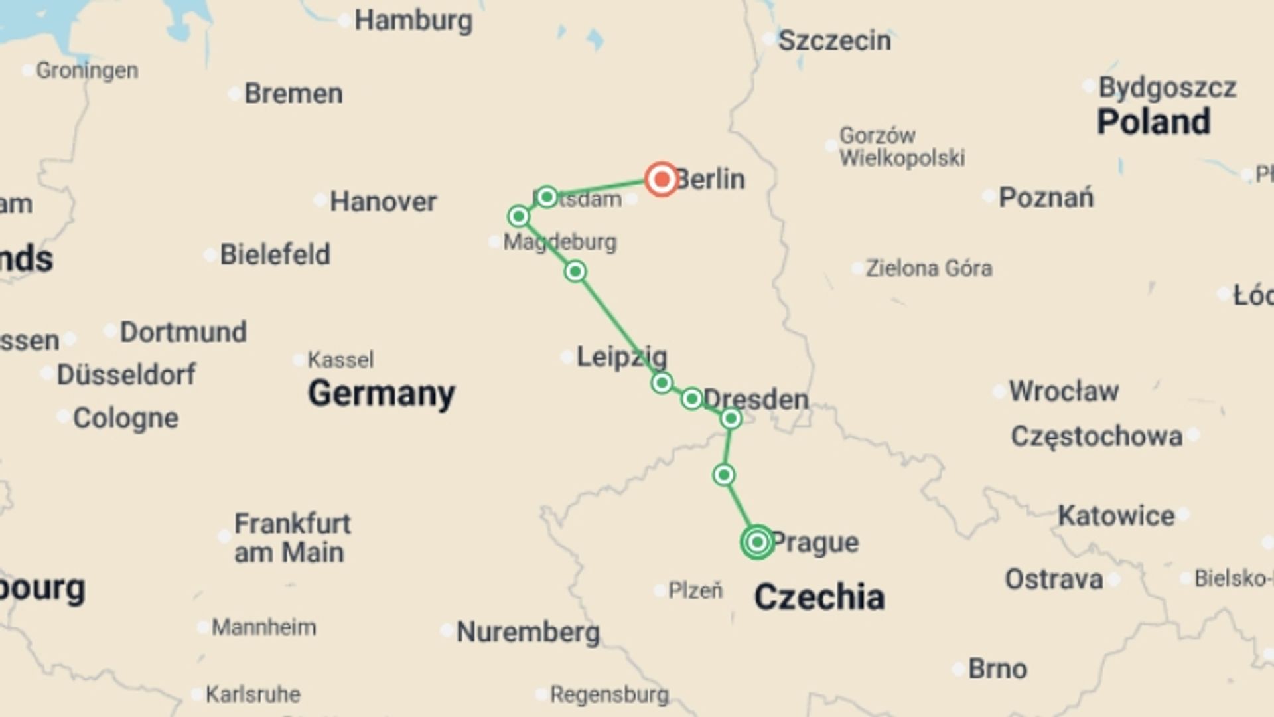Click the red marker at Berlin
(662, 179)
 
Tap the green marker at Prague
(757, 542)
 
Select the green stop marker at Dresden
(731, 418)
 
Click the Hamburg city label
(413, 21)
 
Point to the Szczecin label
(834, 41)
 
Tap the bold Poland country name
(1153, 122)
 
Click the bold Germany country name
(382, 393)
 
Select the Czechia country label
(819, 597)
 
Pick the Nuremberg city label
(528, 632)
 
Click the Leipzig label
(621, 357)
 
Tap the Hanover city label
(383, 201)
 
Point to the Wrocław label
(1064, 391)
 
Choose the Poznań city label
(1046, 197)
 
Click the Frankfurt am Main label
(292, 538)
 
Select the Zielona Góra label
(929, 268)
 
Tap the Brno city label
(997, 669)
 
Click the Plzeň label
(695, 590)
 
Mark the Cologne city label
(125, 418)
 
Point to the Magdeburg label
(560, 242)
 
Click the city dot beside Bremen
(234, 94)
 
